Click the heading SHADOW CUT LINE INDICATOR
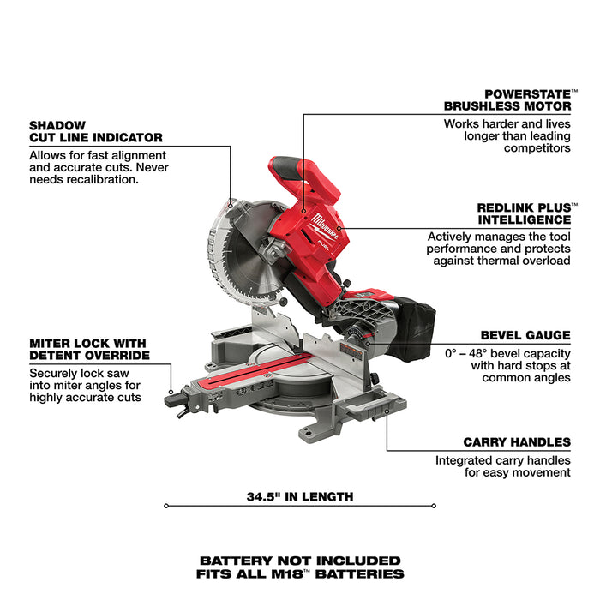tap(95, 130)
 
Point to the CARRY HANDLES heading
tap(517, 442)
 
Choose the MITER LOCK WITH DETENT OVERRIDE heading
tap(89, 348)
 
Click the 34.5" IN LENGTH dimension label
tap(299, 496)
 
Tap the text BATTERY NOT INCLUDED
tap(299, 561)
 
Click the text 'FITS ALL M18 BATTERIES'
tap(299, 573)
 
